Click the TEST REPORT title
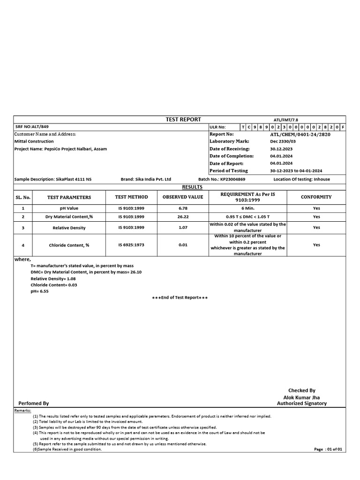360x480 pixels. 183,120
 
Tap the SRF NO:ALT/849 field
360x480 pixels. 32,127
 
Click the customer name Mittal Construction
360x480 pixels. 34,141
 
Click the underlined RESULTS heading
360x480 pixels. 182,187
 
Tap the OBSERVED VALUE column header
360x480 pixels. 183,197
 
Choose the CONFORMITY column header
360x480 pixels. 316,197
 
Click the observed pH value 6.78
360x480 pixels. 183,208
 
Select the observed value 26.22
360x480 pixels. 183,217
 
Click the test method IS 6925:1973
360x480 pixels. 131,245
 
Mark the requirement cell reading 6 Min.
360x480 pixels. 248,208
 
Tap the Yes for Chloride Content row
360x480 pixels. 316,245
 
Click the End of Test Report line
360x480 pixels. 180,298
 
